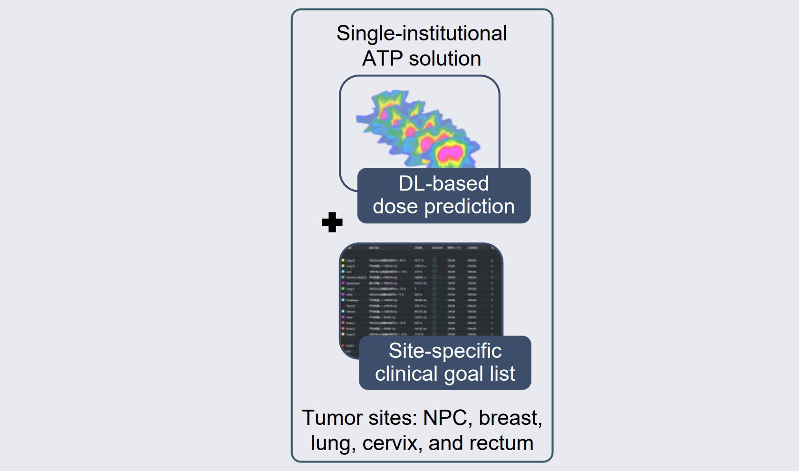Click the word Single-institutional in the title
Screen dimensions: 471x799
pos(422,34)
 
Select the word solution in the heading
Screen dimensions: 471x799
pos(445,59)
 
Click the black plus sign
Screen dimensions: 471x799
pos(332,222)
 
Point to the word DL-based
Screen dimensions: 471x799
pos(443,183)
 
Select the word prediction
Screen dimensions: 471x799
pos(469,207)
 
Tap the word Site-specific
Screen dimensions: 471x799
pos(445,351)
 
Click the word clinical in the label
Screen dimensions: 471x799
pos(406,374)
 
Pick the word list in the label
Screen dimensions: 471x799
pos(502,374)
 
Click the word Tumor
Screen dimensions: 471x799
pos(328,418)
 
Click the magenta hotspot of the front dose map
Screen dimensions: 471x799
pos(450,153)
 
